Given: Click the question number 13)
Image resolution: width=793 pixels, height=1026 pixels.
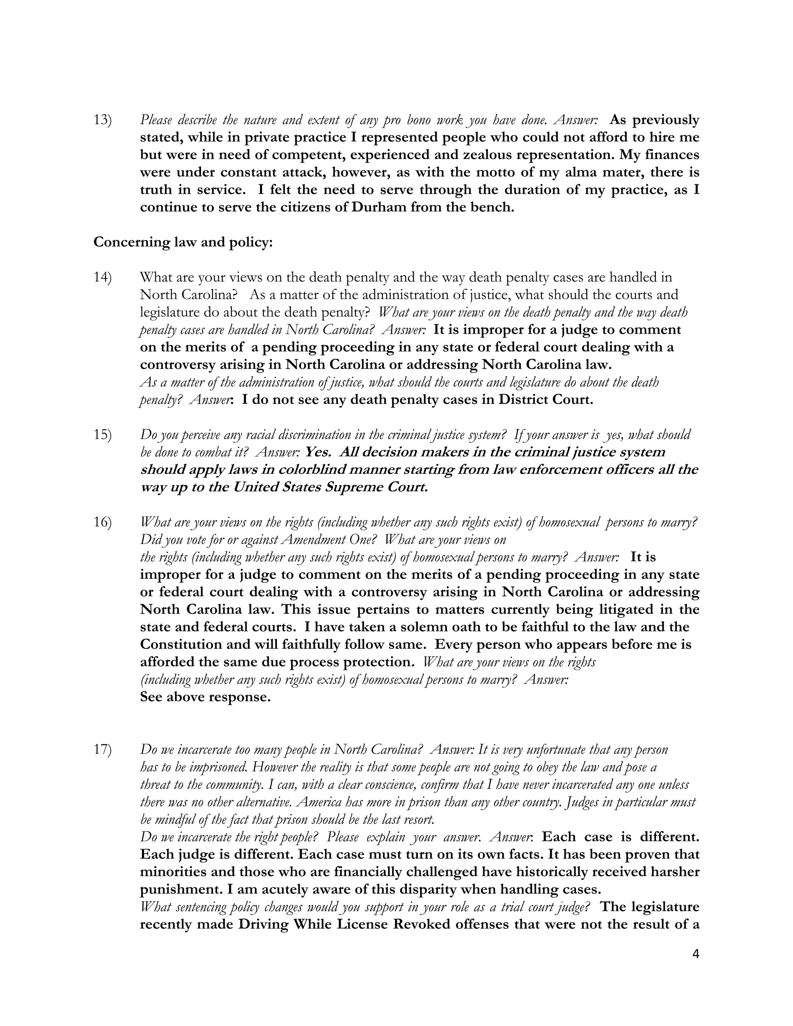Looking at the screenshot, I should [102, 120].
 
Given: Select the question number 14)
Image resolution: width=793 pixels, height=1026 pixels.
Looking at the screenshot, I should [102, 278].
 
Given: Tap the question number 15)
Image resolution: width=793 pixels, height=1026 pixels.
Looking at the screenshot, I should [102, 435].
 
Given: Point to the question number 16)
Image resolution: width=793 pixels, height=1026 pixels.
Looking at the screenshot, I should [102, 522].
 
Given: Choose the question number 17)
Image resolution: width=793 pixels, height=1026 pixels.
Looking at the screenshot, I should [102, 750].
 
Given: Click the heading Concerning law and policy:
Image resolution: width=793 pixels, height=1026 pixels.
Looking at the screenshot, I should [183, 242].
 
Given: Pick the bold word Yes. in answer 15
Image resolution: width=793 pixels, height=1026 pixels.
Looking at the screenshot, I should [318, 452].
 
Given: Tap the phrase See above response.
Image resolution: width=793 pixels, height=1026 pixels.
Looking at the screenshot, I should [205, 697].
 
